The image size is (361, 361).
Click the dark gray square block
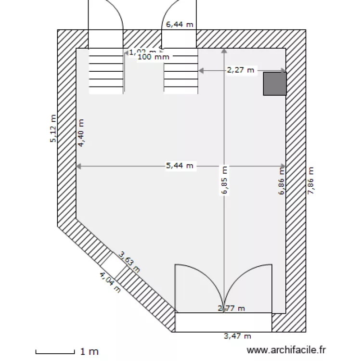275,83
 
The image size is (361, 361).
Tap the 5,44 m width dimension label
180,166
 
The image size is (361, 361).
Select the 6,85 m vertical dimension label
224,180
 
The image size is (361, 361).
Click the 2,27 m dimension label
241,70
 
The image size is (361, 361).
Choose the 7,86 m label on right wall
310,180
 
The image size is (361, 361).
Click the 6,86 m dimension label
282,180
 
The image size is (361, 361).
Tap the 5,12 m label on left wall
53,129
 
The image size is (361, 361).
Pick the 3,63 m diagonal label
129,262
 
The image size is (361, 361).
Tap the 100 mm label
154,57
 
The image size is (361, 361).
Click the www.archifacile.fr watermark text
286,351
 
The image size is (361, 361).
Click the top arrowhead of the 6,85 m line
224,50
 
